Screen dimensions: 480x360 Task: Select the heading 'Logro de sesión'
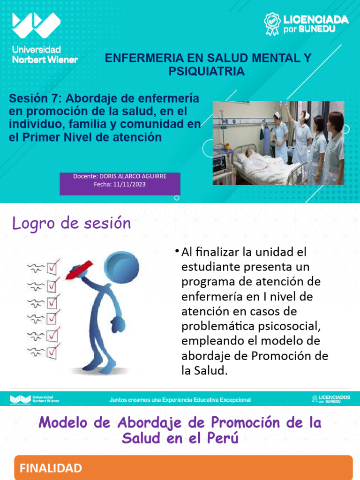tap(71, 224)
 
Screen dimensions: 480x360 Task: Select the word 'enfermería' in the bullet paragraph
tap(210, 297)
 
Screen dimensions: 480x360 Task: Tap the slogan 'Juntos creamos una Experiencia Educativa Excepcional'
tap(180, 400)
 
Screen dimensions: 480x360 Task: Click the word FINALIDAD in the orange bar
tap(51, 468)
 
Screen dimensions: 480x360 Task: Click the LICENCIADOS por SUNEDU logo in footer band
tap(331, 399)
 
